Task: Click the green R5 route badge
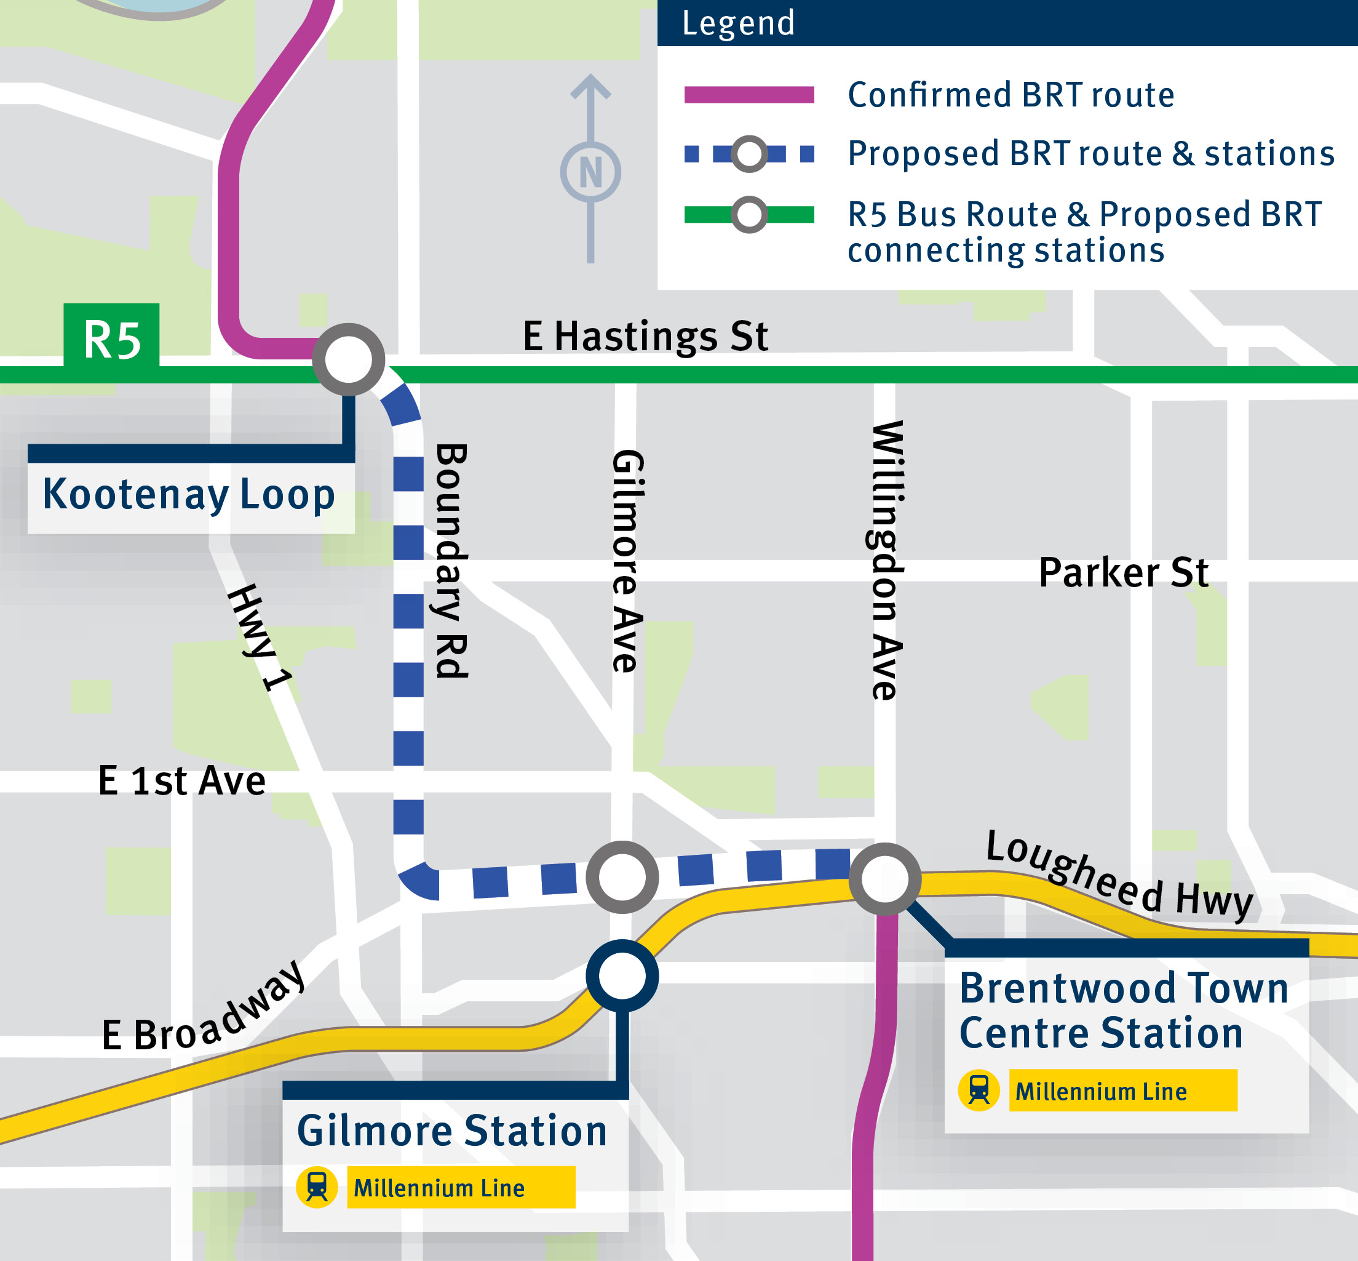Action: pos(111,338)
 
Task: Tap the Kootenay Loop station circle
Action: pos(349,359)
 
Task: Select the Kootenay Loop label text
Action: pos(189,495)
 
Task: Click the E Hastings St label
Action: pos(645,337)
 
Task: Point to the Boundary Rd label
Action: pos(451,561)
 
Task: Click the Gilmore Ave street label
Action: pos(627,561)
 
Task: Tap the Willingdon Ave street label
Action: pos(887,561)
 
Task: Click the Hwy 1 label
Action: pos(260,638)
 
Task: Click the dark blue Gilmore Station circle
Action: pos(622,976)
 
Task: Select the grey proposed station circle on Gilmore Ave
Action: pos(622,877)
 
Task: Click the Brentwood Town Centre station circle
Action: pos(884,879)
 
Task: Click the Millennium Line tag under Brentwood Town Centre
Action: pos(1122,1091)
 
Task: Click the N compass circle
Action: pos(590,172)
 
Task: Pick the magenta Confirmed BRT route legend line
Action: pos(749,95)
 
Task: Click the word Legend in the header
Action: pos(738,23)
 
